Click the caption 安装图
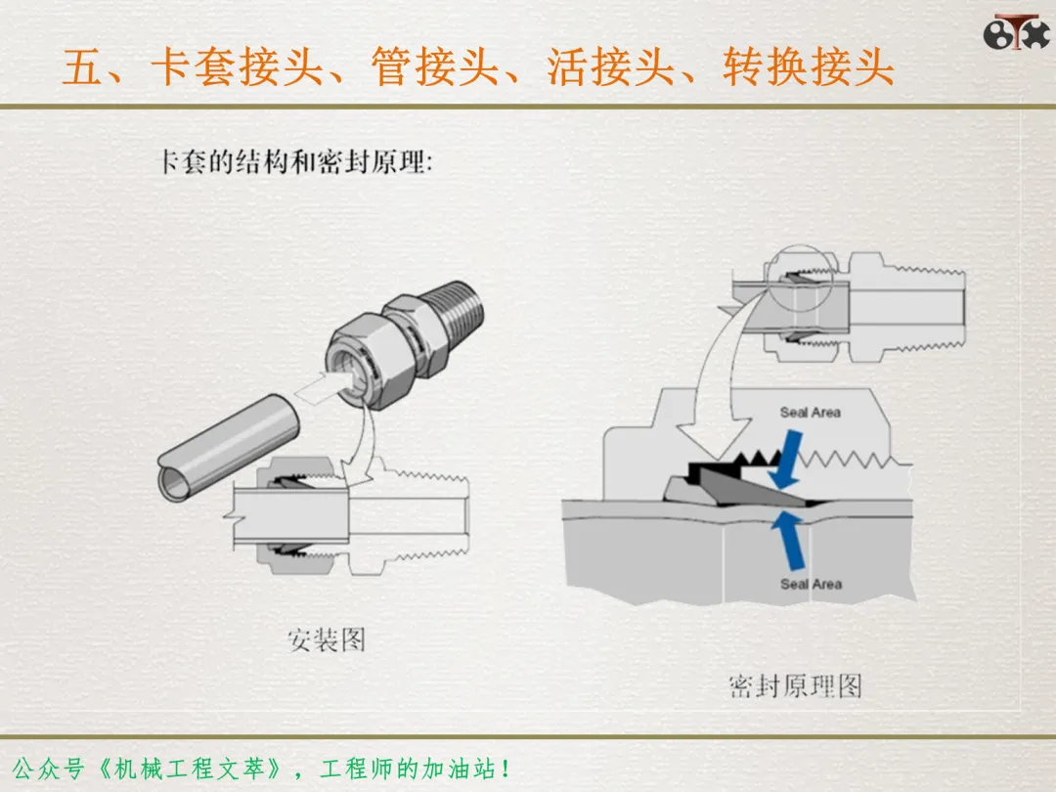327,639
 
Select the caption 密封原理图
795,685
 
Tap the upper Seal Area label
811,413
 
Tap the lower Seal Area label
811,584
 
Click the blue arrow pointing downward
786,461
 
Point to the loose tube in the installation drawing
229,447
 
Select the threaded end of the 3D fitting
456,309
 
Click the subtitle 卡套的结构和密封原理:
295,161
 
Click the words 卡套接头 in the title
237,66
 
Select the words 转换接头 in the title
809,66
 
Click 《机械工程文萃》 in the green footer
190,769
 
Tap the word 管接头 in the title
435,66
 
